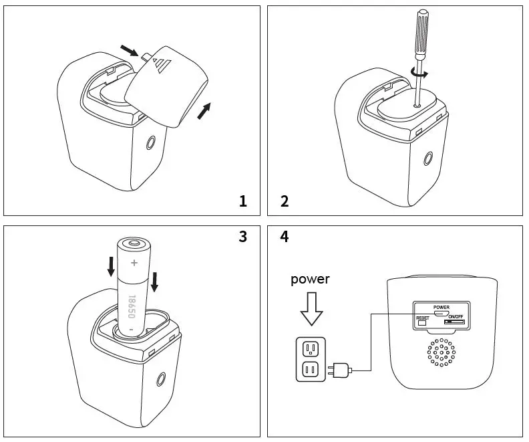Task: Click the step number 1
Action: pyautogui.click(x=243, y=201)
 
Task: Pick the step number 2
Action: pyautogui.click(x=285, y=201)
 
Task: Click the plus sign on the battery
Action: pyautogui.click(x=134, y=263)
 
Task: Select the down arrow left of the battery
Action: pyautogui.click(x=111, y=268)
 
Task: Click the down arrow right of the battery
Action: pyautogui.click(x=154, y=281)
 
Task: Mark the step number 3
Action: pyautogui.click(x=242, y=236)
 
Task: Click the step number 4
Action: pyautogui.click(x=285, y=236)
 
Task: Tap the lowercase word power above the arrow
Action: pyautogui.click(x=310, y=279)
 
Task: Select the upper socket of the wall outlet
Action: pyautogui.click(x=310, y=348)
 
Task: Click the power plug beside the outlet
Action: pyautogui.click(x=339, y=368)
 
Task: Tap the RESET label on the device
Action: pyautogui.click(x=422, y=318)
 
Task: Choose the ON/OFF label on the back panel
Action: pyautogui.click(x=456, y=317)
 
